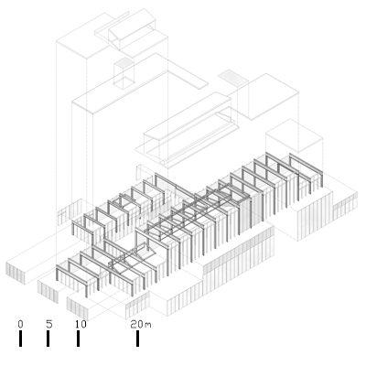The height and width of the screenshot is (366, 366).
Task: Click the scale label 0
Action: (20, 324)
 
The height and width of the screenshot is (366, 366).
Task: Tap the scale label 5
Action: (49, 324)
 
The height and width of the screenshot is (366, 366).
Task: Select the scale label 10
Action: (81, 324)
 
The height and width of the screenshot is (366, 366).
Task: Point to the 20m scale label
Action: (141, 324)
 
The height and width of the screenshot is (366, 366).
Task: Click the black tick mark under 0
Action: (20, 339)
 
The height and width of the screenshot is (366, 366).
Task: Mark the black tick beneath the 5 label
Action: (48, 339)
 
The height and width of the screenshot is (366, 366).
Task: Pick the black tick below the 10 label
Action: (79, 339)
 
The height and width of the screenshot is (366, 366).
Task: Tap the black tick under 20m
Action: (138, 339)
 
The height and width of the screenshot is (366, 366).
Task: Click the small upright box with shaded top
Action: (124, 73)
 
